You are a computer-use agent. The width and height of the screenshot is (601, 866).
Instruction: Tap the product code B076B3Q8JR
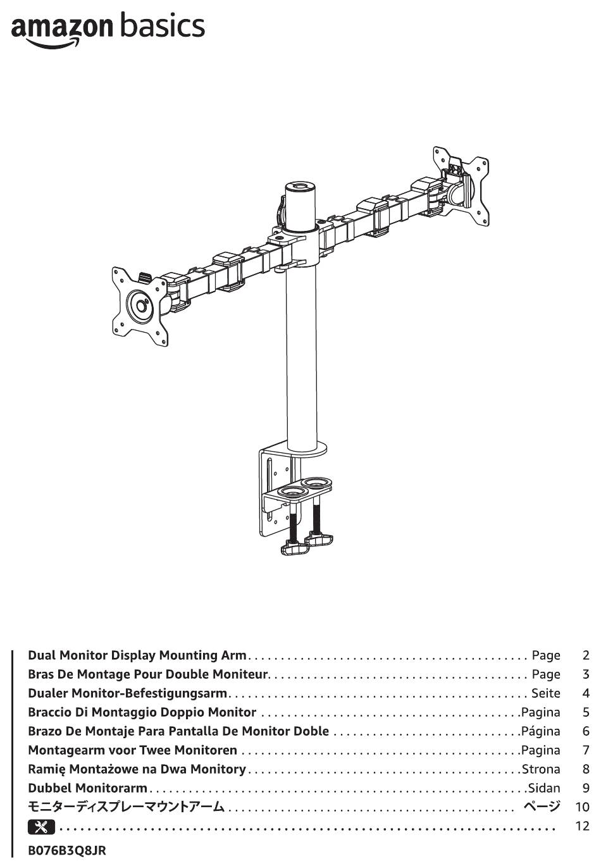67,851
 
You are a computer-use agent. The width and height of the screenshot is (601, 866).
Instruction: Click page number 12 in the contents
583,826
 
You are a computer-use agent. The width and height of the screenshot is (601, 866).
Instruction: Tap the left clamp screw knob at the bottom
295,548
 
